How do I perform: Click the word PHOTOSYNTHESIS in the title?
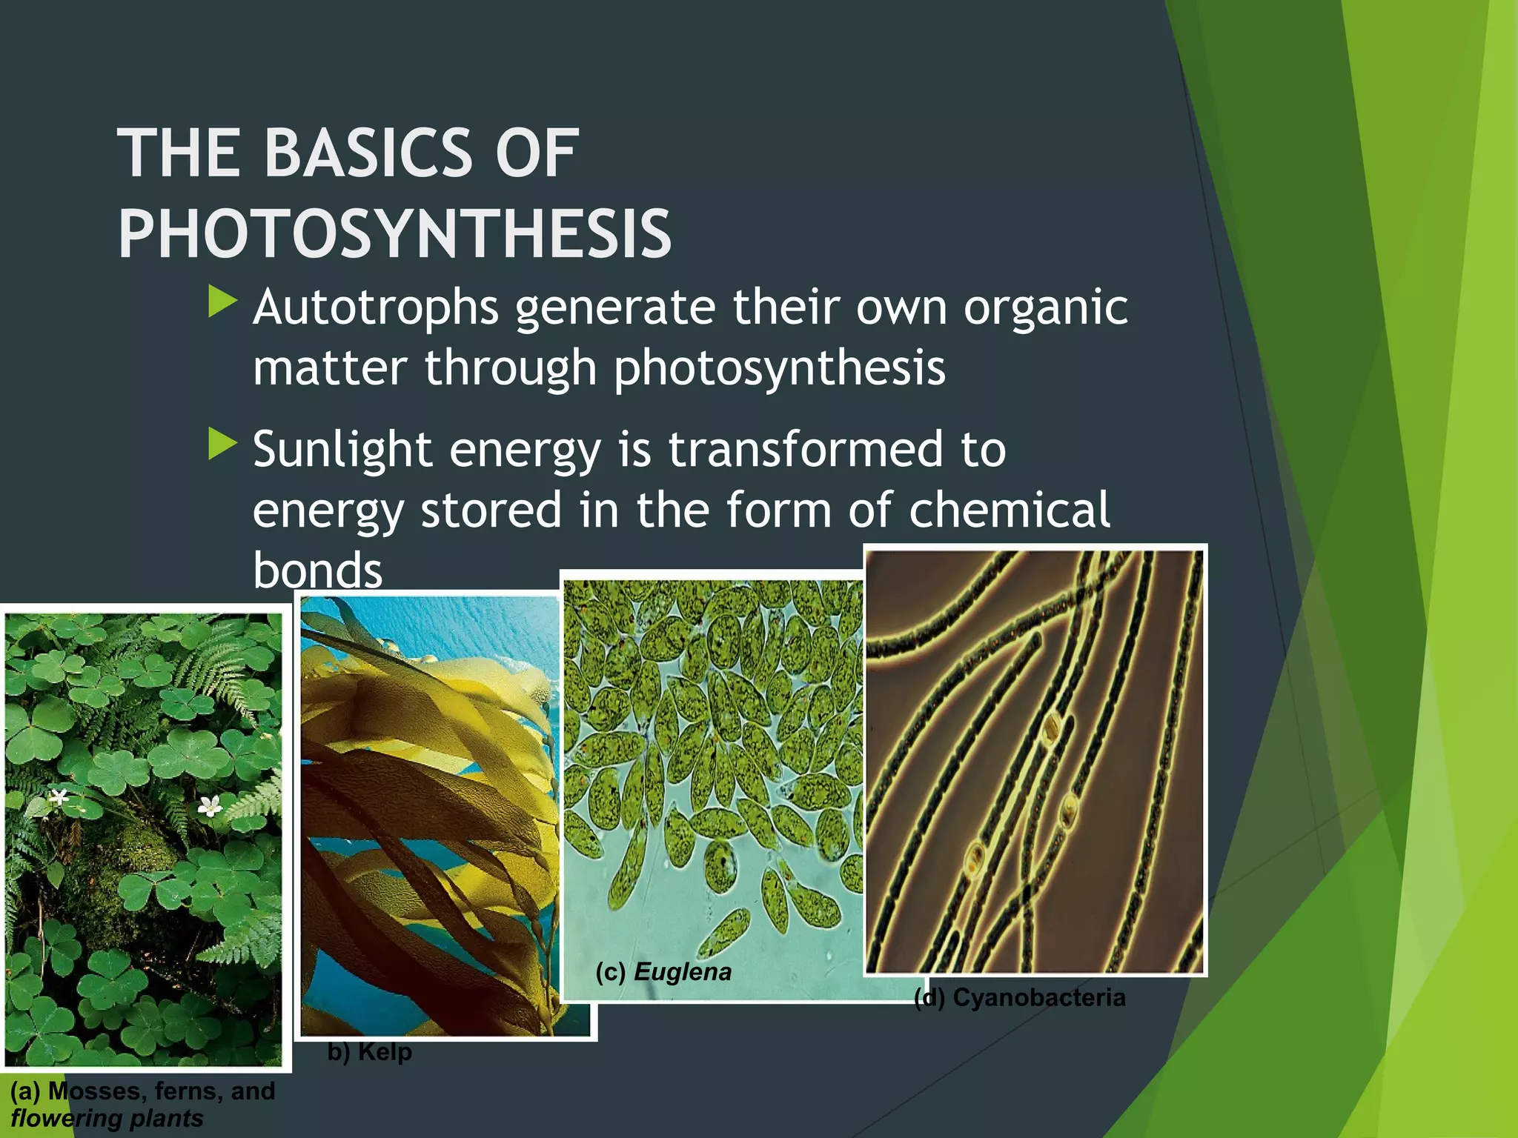point(394,234)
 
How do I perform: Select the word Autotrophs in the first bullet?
point(376,308)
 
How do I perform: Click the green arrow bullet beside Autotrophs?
point(222,302)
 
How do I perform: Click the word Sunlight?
point(342,450)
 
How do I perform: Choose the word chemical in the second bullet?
point(1009,510)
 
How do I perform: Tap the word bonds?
point(317,570)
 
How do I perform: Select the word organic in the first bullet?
point(1045,308)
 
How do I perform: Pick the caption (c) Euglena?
point(663,971)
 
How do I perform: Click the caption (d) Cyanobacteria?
point(1020,997)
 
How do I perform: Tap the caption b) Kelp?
point(370,1051)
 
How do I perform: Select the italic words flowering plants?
point(107,1118)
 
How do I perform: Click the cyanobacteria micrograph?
point(1035,761)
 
